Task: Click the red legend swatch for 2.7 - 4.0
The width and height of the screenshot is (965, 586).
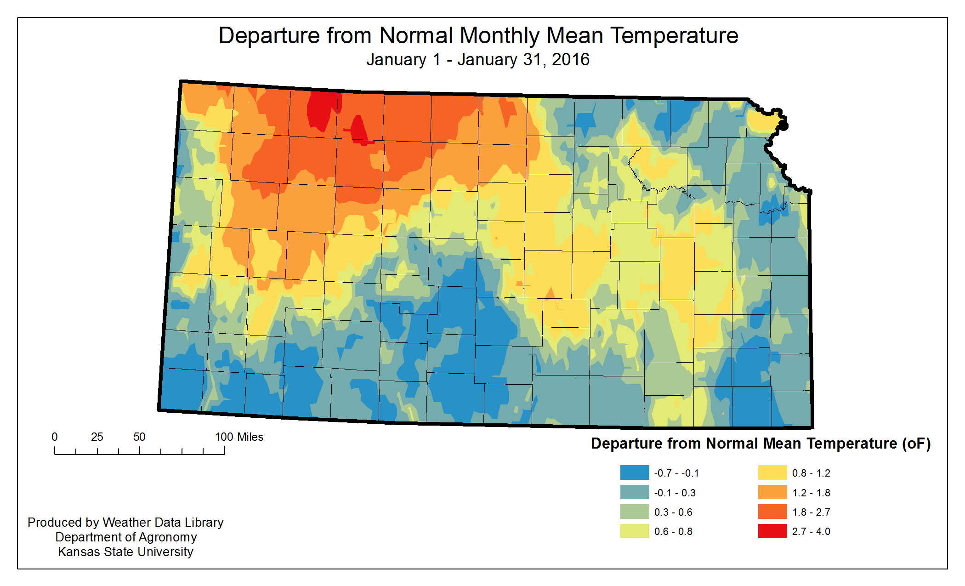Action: (772, 531)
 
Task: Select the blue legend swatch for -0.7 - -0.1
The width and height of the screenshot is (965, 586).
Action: (634, 472)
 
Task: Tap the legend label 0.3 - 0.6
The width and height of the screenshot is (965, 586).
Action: (673, 512)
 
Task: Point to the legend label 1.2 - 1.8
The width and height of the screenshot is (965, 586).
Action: (811, 493)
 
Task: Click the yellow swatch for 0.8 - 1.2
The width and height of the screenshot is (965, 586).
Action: (772, 472)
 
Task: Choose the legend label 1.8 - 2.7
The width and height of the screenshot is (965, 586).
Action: (811, 512)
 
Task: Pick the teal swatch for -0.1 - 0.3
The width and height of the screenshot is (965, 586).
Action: (634, 492)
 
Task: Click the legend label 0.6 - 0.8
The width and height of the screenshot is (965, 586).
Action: (673, 532)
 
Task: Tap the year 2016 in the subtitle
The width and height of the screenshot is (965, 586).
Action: (570, 60)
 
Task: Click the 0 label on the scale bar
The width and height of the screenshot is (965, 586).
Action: (55, 437)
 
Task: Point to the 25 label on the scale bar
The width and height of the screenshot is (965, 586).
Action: (97, 437)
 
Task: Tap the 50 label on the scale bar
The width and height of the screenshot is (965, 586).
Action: (139, 437)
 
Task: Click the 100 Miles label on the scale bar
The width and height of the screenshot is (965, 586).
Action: (239, 437)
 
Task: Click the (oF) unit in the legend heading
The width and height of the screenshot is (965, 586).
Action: (916, 444)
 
